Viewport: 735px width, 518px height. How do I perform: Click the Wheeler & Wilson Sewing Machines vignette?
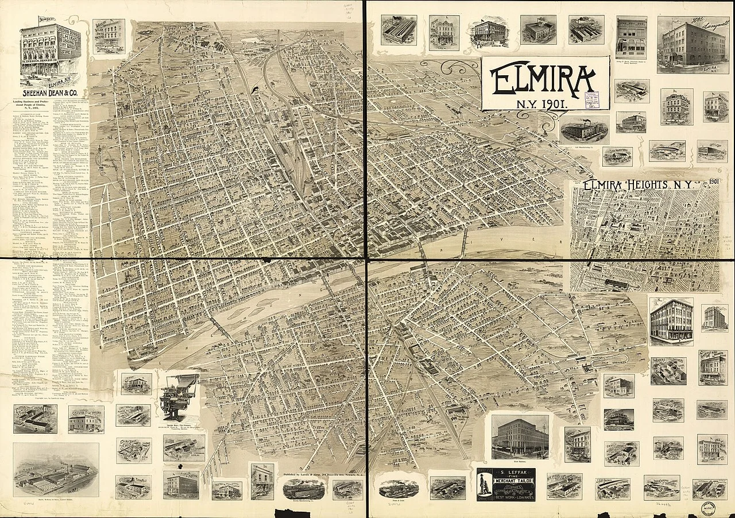point(109,37)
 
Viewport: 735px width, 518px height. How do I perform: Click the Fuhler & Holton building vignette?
point(181,484)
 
